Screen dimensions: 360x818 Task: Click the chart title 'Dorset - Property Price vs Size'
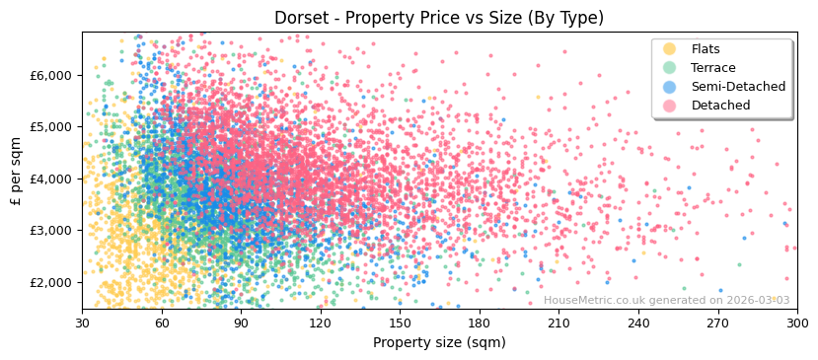pos(439,18)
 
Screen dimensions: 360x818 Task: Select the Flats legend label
pos(706,49)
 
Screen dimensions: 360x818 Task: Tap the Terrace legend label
pos(713,68)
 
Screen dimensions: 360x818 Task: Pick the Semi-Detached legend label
pos(738,87)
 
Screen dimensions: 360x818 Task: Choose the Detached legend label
pos(720,106)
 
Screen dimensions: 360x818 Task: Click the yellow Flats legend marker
pos(670,49)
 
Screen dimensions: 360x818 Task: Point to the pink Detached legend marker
pos(670,106)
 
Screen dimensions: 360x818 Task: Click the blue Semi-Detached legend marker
pos(670,87)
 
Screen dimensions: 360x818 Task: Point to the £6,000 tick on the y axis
pos(51,75)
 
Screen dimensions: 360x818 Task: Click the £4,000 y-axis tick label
pos(51,179)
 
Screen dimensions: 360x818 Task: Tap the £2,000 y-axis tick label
pos(51,282)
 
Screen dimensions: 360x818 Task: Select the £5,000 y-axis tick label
pos(51,127)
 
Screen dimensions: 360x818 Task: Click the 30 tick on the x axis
pos(82,323)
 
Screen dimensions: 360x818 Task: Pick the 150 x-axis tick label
pos(400,323)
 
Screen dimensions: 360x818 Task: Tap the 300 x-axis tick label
pos(796,323)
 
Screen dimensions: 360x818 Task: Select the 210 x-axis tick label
pos(558,323)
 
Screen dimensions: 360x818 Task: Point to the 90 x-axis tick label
pos(241,323)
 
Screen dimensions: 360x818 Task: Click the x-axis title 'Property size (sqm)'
pos(439,342)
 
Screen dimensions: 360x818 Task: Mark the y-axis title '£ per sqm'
pos(17,171)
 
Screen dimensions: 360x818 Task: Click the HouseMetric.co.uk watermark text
pos(666,300)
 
